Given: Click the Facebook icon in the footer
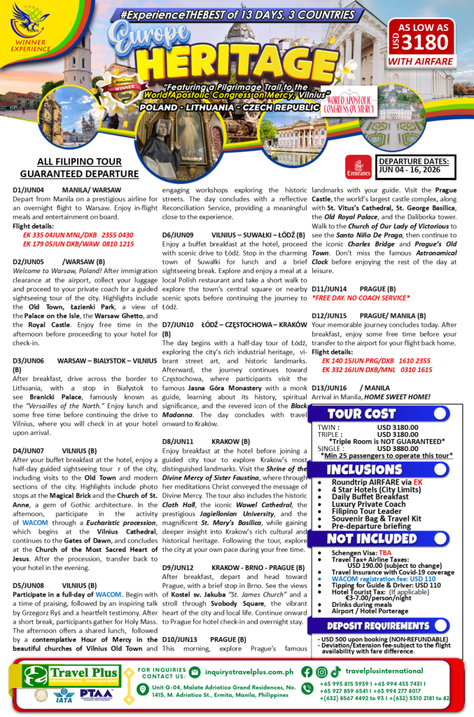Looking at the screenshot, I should tap(307, 671).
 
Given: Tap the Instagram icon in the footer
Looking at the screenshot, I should tap(321, 671).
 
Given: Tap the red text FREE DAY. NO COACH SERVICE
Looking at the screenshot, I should tap(356, 297).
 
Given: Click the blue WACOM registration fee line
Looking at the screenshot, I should tap(375, 578).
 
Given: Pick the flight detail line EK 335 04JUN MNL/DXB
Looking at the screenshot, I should tap(69, 235).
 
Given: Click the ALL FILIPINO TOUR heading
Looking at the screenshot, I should tap(69, 162).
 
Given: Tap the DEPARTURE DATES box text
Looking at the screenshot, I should tap(414, 165).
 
